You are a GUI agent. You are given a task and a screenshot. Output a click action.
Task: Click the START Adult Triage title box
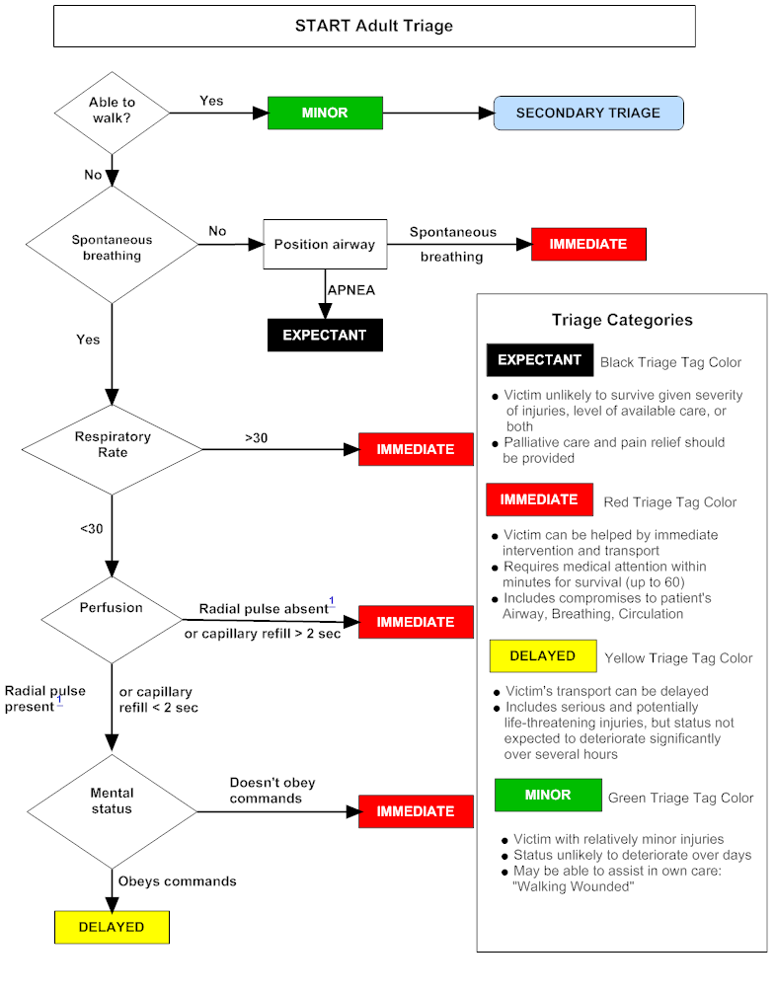(x=373, y=26)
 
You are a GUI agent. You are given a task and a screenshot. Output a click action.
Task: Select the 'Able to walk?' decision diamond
(x=112, y=111)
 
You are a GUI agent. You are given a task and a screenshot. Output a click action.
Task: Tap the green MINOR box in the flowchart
(x=325, y=113)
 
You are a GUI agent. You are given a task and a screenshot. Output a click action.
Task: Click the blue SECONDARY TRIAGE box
(x=587, y=113)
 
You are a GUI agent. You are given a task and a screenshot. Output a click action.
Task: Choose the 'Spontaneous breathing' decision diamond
(x=112, y=247)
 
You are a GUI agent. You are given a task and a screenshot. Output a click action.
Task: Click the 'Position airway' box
(x=324, y=244)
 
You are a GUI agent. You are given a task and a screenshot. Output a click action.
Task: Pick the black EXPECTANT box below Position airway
(x=324, y=336)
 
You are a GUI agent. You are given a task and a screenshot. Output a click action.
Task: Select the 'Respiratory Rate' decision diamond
(x=112, y=444)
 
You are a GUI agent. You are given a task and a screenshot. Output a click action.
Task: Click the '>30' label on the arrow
(x=256, y=437)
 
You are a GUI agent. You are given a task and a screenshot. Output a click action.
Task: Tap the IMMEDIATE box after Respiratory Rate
(x=415, y=449)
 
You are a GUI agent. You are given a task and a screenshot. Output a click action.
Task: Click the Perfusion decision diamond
(x=111, y=608)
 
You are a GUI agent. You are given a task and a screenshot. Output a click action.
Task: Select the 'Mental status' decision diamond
(x=111, y=801)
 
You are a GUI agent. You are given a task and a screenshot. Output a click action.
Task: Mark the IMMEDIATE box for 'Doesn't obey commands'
(x=415, y=811)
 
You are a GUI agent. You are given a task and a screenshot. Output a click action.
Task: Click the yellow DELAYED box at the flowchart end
(x=111, y=927)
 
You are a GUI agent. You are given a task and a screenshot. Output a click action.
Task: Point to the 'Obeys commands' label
(x=177, y=880)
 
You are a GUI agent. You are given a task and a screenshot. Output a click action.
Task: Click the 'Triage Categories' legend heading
(x=621, y=320)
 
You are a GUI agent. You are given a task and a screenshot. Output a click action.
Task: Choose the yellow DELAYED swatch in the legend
(x=542, y=656)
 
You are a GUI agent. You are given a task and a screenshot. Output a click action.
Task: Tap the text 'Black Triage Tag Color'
(x=670, y=362)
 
